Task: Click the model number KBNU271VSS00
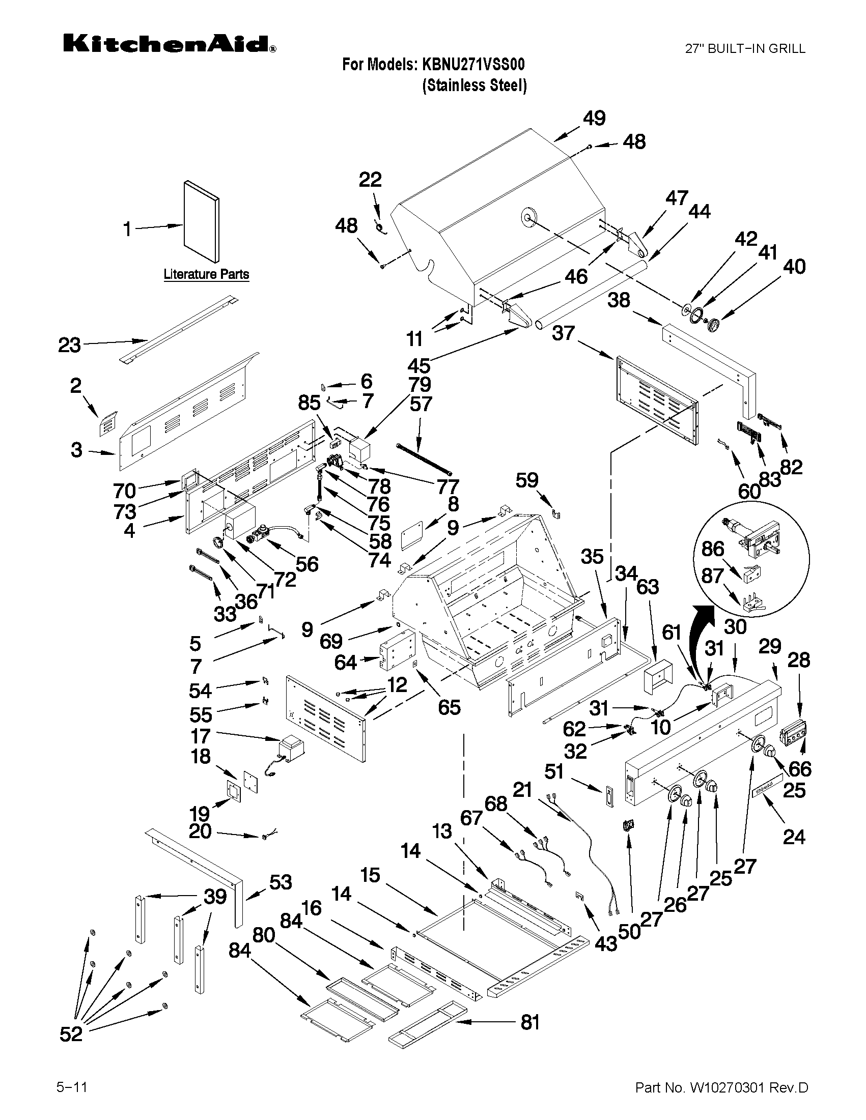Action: click(x=472, y=65)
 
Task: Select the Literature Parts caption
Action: click(x=206, y=274)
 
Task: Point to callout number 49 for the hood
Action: click(x=594, y=119)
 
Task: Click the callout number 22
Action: click(x=370, y=180)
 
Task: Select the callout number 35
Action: click(x=592, y=557)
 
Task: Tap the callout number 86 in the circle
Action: click(x=713, y=549)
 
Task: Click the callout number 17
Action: click(x=201, y=736)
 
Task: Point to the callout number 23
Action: click(x=69, y=345)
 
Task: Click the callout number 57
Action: click(x=421, y=404)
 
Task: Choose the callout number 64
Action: click(x=345, y=663)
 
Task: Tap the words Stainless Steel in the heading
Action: click(x=474, y=85)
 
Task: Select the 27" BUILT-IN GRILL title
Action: click(x=745, y=49)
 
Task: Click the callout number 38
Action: click(x=619, y=300)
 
